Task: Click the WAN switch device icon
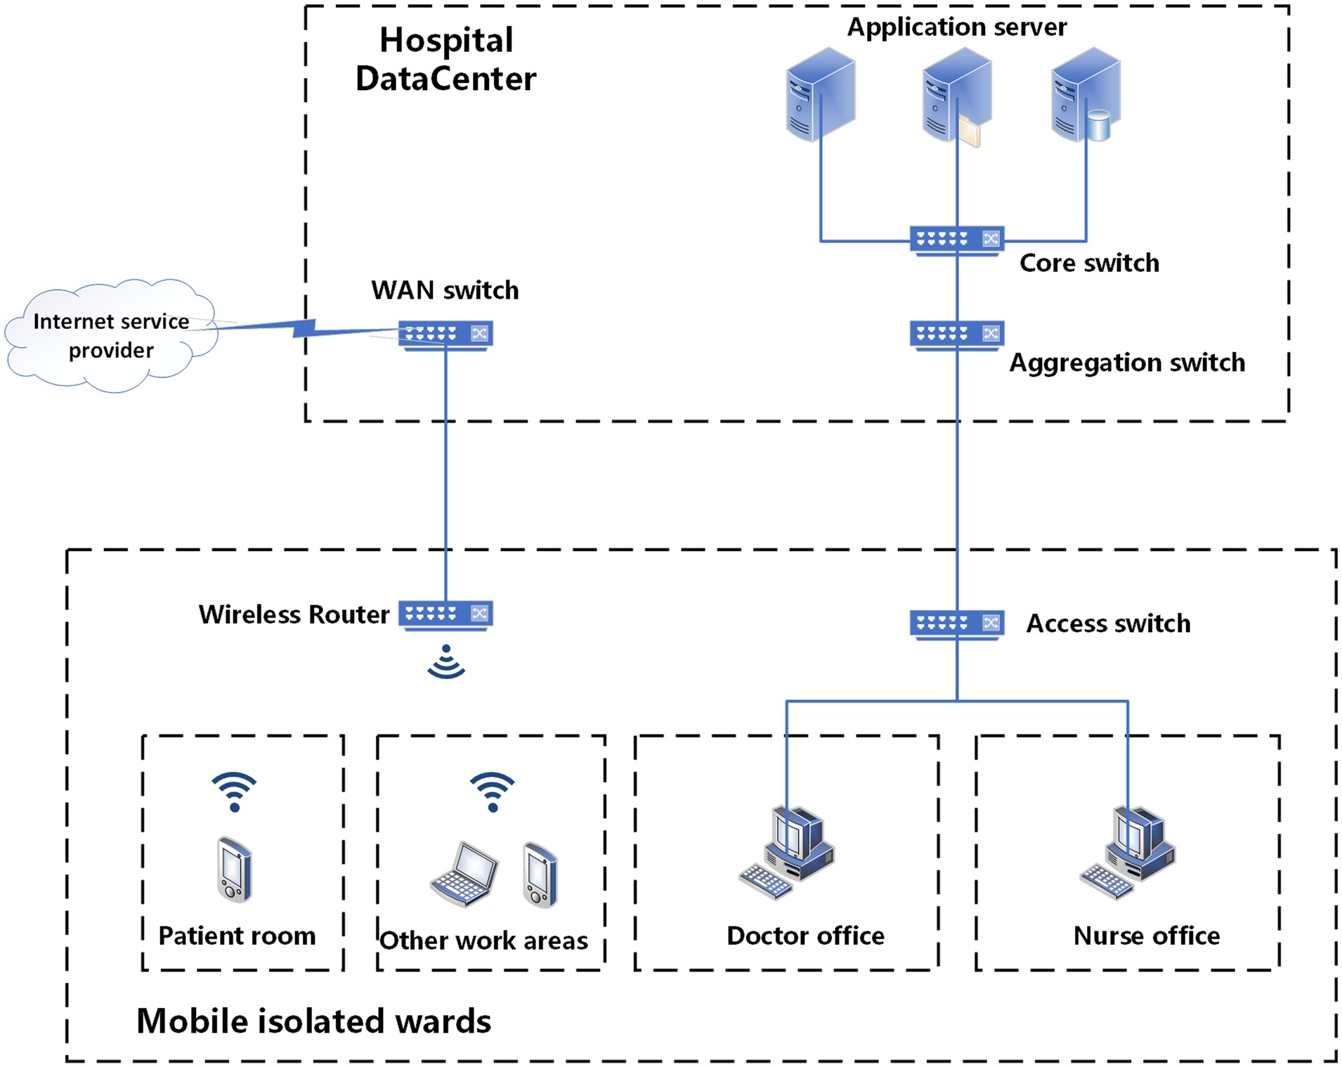coord(445,334)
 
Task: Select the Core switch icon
coord(956,240)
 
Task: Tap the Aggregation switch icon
coord(956,334)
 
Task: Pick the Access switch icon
coord(956,623)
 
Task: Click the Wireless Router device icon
coord(445,614)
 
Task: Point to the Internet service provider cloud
coord(110,336)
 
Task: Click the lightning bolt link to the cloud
coord(304,328)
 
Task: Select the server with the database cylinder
coord(1086,95)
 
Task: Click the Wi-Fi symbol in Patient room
coord(234,791)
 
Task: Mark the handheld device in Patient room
coord(234,869)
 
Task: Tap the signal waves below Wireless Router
coord(445,662)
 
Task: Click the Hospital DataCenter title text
coord(445,59)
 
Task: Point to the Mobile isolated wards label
coord(313,1021)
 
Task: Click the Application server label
coord(956,27)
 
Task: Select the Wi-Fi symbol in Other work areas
coord(492,791)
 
